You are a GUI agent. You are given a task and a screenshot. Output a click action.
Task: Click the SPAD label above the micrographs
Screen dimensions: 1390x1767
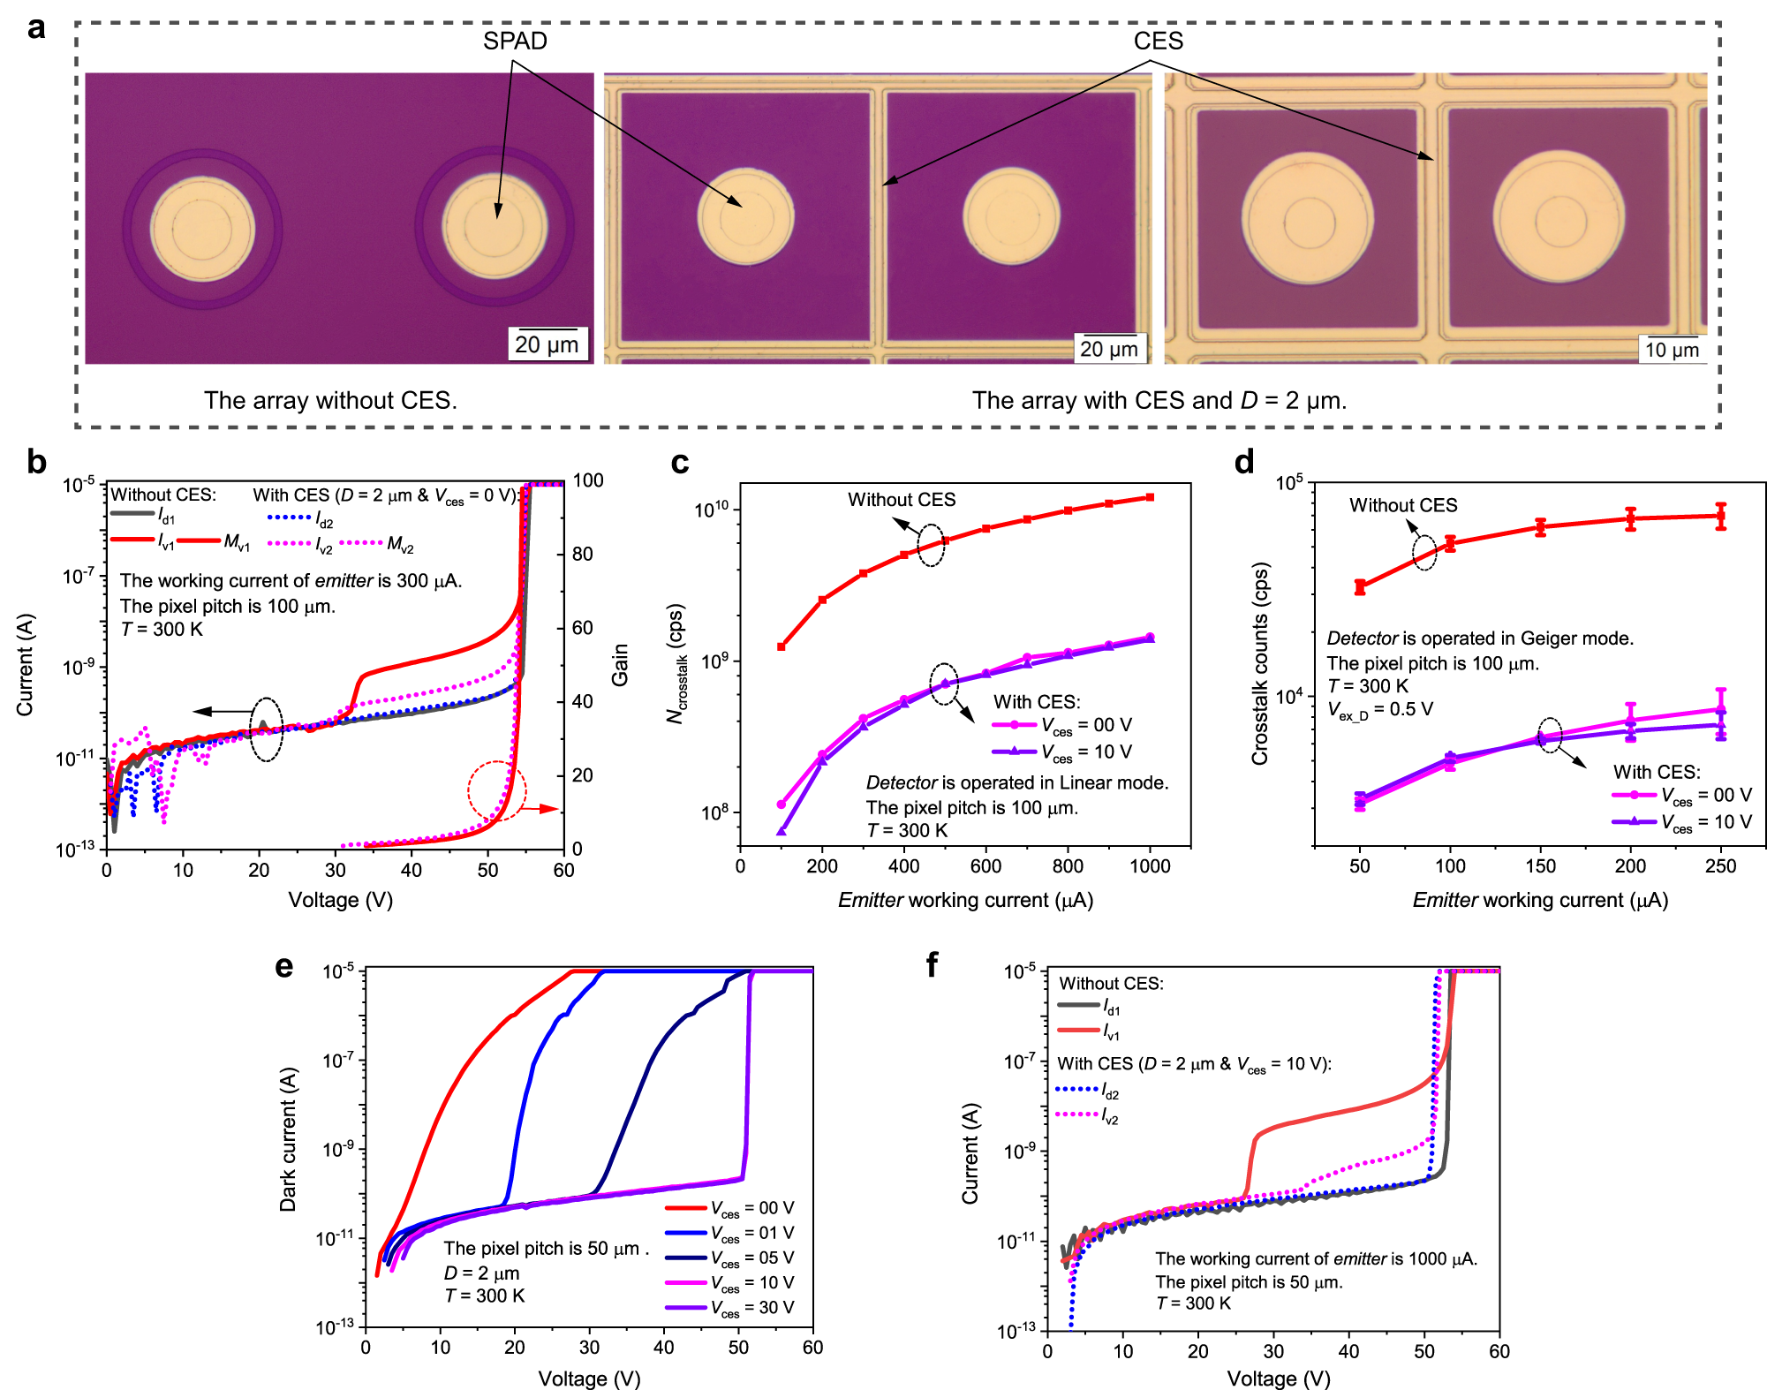click(514, 41)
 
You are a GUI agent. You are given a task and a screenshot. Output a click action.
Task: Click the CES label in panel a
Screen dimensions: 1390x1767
click(1157, 41)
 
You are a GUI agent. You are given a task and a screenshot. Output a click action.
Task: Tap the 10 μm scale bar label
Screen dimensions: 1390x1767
click(1671, 350)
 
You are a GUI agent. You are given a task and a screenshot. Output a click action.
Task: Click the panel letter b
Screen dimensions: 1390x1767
click(36, 462)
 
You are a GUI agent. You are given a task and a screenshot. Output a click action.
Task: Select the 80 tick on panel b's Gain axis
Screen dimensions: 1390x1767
click(582, 554)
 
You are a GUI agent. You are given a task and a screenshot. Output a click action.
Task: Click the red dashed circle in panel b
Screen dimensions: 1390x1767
click(497, 791)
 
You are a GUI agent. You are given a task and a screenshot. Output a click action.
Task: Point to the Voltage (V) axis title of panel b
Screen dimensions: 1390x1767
click(340, 900)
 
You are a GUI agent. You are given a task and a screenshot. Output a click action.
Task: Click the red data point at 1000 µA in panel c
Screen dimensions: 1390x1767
click(1150, 497)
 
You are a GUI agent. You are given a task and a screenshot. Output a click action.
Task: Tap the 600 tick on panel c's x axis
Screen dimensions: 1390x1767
click(985, 866)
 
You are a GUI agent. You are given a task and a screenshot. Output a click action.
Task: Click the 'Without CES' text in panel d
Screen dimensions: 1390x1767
click(1402, 505)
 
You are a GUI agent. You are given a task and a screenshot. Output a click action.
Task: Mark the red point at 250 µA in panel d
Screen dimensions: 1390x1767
click(1720, 516)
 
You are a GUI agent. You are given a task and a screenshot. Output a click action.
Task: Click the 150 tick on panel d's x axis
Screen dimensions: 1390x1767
click(1540, 866)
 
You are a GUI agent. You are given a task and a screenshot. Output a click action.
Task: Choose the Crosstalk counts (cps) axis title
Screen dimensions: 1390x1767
click(1260, 663)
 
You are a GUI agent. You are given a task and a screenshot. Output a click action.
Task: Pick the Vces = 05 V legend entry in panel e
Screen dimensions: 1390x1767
click(751, 1258)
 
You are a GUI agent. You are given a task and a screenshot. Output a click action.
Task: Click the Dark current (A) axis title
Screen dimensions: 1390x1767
click(289, 1139)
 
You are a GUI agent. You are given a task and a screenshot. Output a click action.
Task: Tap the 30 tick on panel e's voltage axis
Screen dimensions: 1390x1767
click(589, 1348)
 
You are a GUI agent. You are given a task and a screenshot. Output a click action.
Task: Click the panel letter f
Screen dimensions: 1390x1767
click(932, 964)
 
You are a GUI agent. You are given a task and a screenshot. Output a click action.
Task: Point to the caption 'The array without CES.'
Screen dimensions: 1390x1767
click(330, 400)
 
